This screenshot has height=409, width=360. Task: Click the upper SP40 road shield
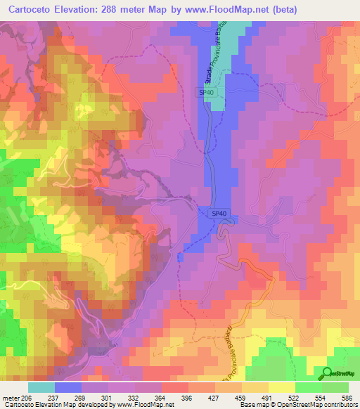205,91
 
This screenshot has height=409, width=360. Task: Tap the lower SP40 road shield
219,213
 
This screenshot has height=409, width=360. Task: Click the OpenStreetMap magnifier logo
328,373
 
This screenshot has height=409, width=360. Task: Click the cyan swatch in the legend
41,387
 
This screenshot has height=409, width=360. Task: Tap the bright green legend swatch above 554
309,387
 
